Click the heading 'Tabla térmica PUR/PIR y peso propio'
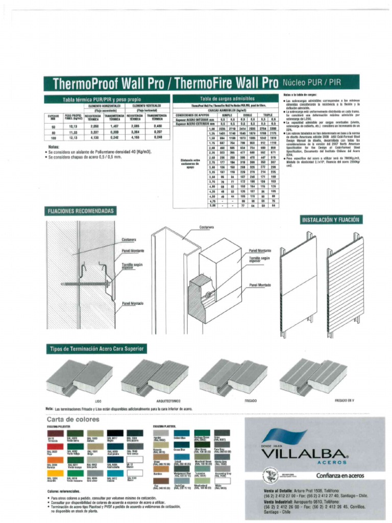click(102, 99)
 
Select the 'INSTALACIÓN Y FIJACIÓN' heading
click(331, 220)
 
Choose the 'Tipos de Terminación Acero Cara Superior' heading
click(96, 349)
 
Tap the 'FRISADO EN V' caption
click(344, 401)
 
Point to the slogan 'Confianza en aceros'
click(340, 476)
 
